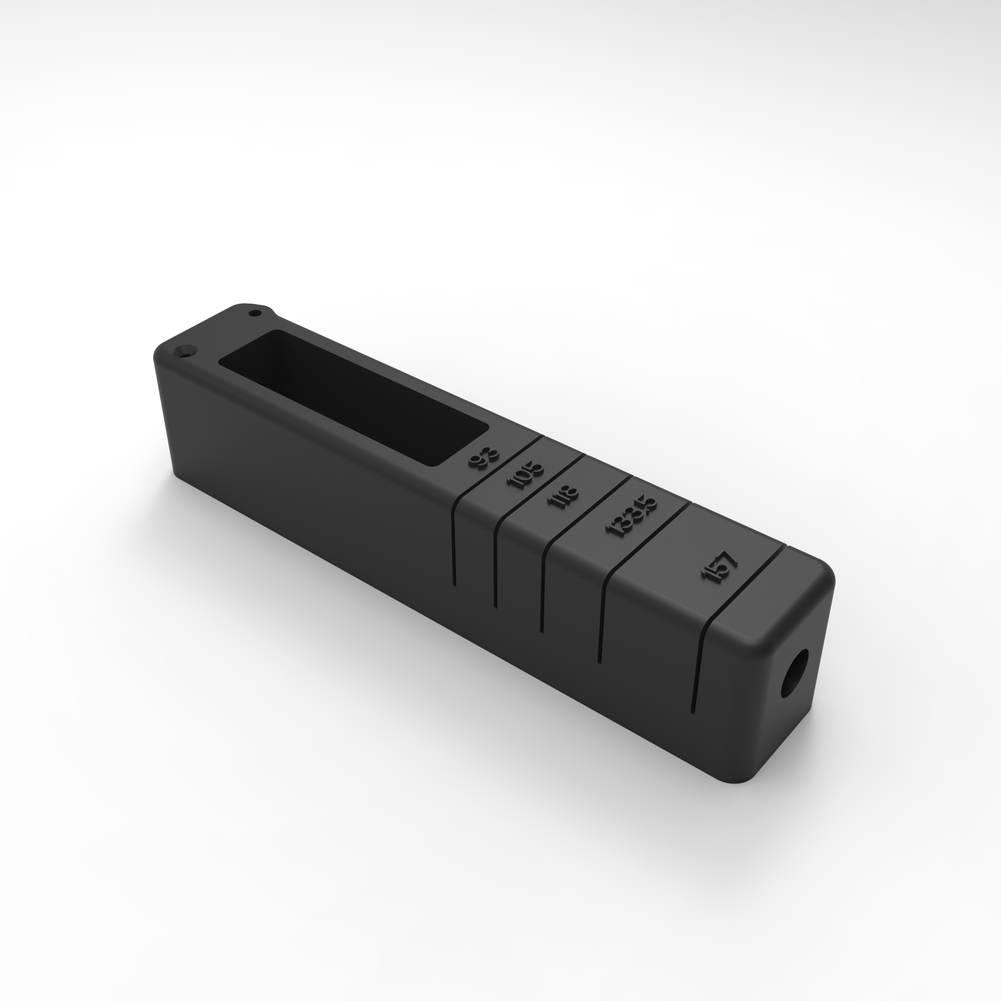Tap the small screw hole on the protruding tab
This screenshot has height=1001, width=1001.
(x=256, y=313)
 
